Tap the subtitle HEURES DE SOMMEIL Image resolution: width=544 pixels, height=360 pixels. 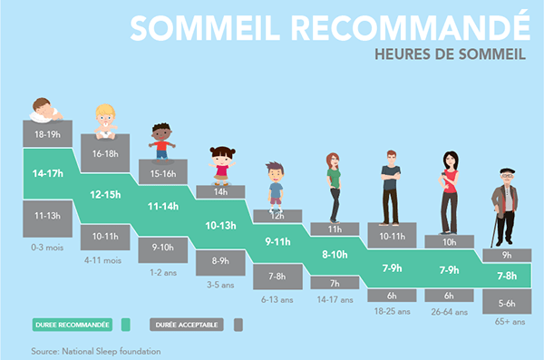pos(450,54)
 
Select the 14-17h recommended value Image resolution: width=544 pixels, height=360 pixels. pos(48,173)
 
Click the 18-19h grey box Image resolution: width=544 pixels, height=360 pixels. pos(48,133)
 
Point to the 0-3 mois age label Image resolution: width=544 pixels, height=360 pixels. pos(48,245)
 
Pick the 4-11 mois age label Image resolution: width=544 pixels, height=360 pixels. pos(105,260)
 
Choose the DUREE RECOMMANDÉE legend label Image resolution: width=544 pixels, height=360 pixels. pos(72,324)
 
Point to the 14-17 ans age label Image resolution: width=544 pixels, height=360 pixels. pos(334,298)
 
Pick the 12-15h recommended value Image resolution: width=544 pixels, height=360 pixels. pos(105,193)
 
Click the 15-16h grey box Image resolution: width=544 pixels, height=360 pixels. pos(163,173)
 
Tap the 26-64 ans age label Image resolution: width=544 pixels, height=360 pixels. pos(448,310)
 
